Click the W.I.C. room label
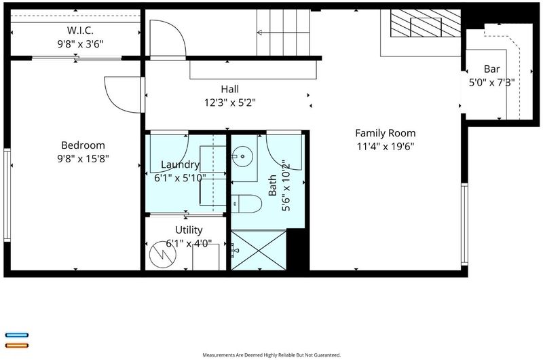[80, 30]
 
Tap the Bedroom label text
[83, 145]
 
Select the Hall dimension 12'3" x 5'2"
[230, 103]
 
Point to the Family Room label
[386, 133]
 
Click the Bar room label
[491, 69]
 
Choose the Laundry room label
[181, 164]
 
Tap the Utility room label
[189, 230]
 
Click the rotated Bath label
[273, 185]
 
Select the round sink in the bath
[242, 157]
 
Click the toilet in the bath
[246, 204]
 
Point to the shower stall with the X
[259, 250]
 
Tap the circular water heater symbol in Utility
[162, 254]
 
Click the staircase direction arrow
[283, 33]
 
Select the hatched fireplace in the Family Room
[426, 23]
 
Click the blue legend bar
[16, 335]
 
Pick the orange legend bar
[16, 345]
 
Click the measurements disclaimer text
[271, 355]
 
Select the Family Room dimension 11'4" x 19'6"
[386, 147]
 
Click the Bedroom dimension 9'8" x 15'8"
[83, 159]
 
